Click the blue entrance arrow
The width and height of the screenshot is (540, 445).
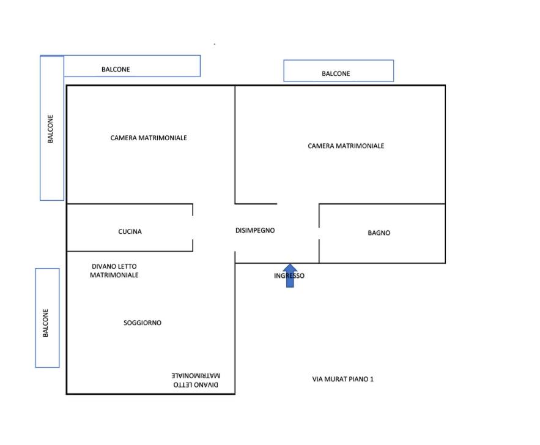[x=290, y=275]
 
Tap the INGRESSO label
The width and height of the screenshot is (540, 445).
[x=289, y=276]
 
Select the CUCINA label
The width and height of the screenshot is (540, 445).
[x=130, y=231]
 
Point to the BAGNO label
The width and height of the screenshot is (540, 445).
[x=379, y=233]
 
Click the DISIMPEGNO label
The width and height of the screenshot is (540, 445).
[x=255, y=230]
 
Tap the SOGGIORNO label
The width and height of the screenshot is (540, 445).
[x=142, y=323]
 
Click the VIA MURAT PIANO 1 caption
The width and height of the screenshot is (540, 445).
[x=342, y=379]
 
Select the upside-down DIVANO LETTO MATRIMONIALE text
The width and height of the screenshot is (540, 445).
[x=196, y=380]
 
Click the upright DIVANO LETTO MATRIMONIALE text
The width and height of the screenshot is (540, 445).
[x=114, y=271]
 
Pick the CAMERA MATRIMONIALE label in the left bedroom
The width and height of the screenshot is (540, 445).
[x=149, y=138]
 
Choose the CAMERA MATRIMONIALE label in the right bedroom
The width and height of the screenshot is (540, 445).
[x=346, y=146]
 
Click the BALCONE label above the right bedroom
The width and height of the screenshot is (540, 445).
[x=336, y=73]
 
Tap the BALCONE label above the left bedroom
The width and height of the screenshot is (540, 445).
[x=116, y=69]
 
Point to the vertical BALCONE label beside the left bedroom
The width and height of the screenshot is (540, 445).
[x=50, y=129]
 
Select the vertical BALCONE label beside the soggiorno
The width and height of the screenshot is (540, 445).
[x=45, y=323]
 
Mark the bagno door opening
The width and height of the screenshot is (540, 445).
[x=319, y=233]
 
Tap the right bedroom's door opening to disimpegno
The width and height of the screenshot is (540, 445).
[x=298, y=204]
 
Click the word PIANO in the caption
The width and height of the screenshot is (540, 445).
[x=358, y=379]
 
